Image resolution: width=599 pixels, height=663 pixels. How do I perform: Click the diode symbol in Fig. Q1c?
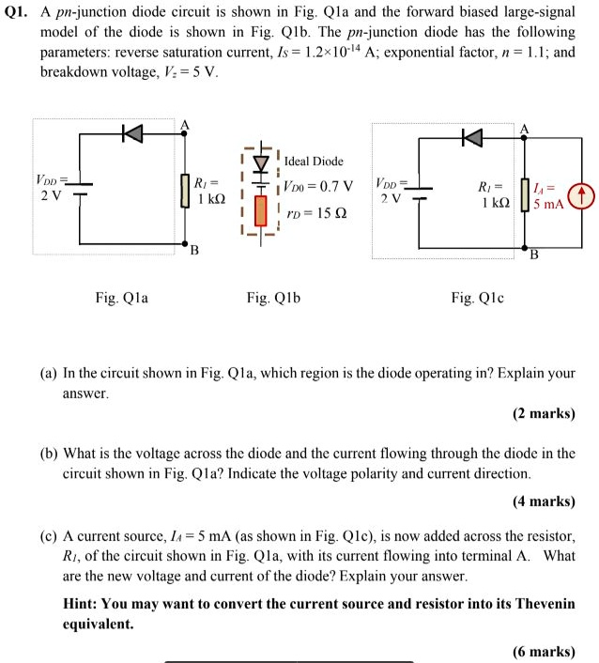471,138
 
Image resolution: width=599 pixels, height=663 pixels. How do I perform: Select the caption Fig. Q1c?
477,298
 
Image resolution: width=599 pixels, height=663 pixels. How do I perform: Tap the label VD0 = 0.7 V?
318,185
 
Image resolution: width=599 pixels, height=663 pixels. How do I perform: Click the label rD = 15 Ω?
316,213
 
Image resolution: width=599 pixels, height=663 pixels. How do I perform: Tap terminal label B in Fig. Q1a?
194,250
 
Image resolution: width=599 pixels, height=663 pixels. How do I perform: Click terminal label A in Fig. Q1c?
524,129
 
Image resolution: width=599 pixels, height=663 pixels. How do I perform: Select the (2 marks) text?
544,412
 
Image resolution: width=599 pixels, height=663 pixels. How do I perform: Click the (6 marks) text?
544,651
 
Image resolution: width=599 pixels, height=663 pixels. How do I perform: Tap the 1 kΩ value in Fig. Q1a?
209,199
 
